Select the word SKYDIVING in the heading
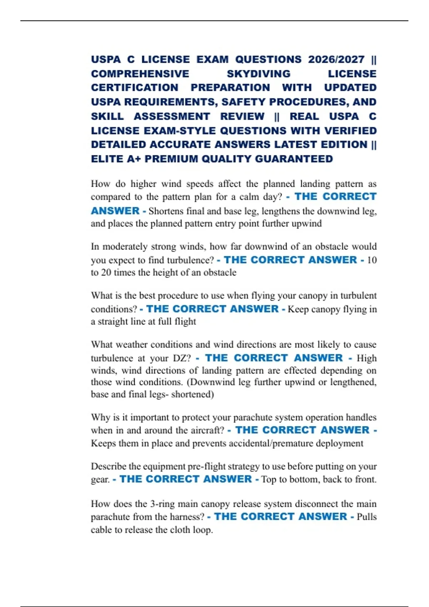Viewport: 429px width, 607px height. [x=258, y=74]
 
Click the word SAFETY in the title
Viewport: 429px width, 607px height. [x=243, y=102]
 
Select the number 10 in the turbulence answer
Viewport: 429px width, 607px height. [x=372, y=260]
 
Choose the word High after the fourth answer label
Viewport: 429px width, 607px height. [x=366, y=358]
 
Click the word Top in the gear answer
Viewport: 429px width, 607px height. [x=269, y=479]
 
